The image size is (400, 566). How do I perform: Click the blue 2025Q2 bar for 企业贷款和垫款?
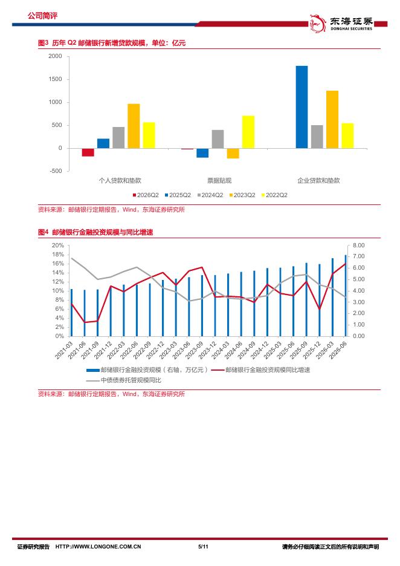pos(302,107)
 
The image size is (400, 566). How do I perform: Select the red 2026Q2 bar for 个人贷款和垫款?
pos(88,152)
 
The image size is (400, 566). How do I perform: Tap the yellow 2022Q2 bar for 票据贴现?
pos(248,132)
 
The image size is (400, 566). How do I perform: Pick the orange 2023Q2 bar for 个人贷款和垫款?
pos(134,126)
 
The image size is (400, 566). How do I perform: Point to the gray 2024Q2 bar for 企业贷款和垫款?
pos(317,137)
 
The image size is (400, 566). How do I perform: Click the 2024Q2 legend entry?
pos(210,195)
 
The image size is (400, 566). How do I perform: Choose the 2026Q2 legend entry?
pos(146,195)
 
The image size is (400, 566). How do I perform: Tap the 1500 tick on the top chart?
pos(55,79)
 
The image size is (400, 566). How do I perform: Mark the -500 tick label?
pos(56,171)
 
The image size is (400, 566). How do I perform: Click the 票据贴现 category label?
pos(219,180)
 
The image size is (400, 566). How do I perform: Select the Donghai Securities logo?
pos(341,23)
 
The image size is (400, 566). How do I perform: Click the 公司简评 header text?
pos(42,16)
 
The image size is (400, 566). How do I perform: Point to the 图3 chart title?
pos(112,43)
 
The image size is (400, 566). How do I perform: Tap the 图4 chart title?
pos(95,232)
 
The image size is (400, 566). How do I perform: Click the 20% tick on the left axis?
pos(58,245)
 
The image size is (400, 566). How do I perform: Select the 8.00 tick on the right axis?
pos(358,245)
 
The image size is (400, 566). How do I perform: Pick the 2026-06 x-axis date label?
pos(338,350)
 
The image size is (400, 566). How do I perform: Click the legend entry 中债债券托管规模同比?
pos(124,380)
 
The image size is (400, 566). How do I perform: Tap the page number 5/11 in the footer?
pos(204,547)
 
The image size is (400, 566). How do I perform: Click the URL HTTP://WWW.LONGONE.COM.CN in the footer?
pos(98,547)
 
